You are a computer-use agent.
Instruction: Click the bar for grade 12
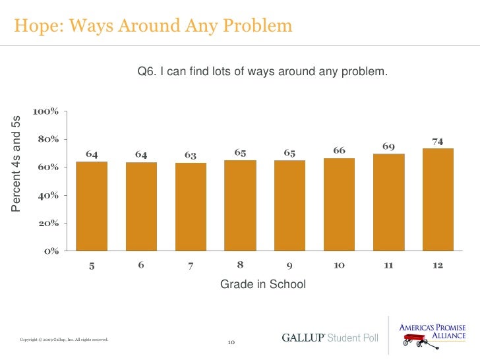pyautogui.click(x=438, y=199)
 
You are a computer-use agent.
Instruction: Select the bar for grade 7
pyautogui.click(x=191, y=206)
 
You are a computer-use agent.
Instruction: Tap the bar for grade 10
pyautogui.click(x=339, y=204)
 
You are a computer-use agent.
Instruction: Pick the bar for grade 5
pyautogui.click(x=92, y=206)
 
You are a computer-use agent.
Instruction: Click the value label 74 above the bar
pyautogui.click(x=437, y=141)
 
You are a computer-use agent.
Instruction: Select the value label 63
pyautogui.click(x=191, y=156)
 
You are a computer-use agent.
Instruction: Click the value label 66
pyautogui.click(x=339, y=151)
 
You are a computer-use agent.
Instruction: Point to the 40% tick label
pyautogui.click(x=48, y=195)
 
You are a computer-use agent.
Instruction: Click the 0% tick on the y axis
pyautogui.click(x=52, y=251)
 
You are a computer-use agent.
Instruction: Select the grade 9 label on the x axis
pyautogui.click(x=289, y=266)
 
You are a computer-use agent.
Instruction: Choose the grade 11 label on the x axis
pyautogui.click(x=388, y=266)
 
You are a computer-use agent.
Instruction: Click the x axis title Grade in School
pyautogui.click(x=263, y=285)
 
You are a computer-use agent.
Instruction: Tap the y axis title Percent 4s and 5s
pyautogui.click(x=17, y=163)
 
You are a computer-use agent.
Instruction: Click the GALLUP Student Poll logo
pyautogui.click(x=330, y=338)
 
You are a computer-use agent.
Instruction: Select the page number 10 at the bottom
pyautogui.click(x=231, y=342)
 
